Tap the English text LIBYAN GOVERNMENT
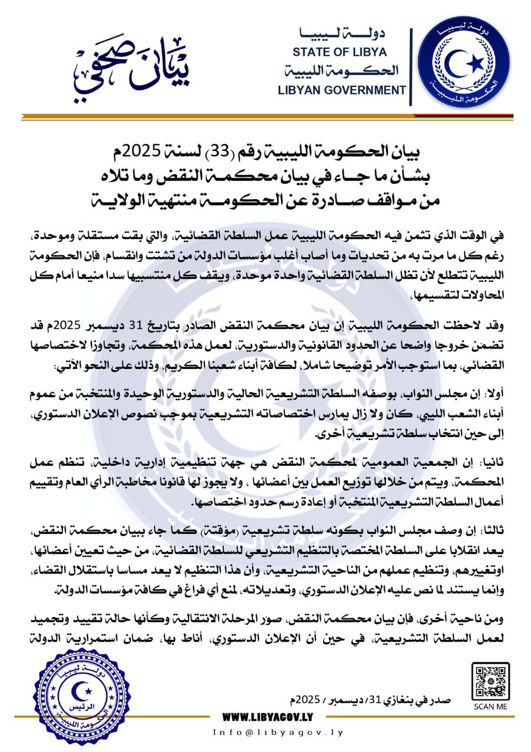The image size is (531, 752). point(344,90)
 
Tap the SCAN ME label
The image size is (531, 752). point(490,707)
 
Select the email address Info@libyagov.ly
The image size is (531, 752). point(277,733)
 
